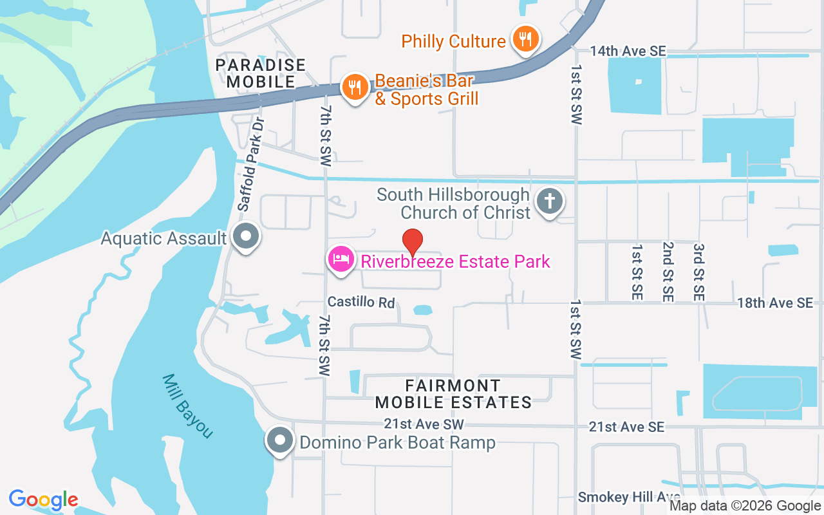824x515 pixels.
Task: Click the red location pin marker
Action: tap(412, 241)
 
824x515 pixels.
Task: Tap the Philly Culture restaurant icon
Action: tap(525, 40)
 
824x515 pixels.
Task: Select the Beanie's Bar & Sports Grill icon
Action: tap(355, 87)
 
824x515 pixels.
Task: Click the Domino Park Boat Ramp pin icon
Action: tap(280, 441)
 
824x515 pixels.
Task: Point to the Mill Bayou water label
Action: tap(187, 406)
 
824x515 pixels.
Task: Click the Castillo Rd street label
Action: tap(360, 302)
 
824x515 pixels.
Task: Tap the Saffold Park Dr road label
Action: tap(251, 164)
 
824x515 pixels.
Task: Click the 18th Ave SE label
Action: tap(775, 303)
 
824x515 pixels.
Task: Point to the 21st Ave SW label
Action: tap(424, 424)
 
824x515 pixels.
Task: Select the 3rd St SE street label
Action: tap(698, 272)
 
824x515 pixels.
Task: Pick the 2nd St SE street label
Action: tap(668, 272)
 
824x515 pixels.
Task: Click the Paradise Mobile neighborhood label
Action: tap(260, 73)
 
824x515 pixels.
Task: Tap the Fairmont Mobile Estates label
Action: tap(453, 394)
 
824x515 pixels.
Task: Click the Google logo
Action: tap(43, 500)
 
